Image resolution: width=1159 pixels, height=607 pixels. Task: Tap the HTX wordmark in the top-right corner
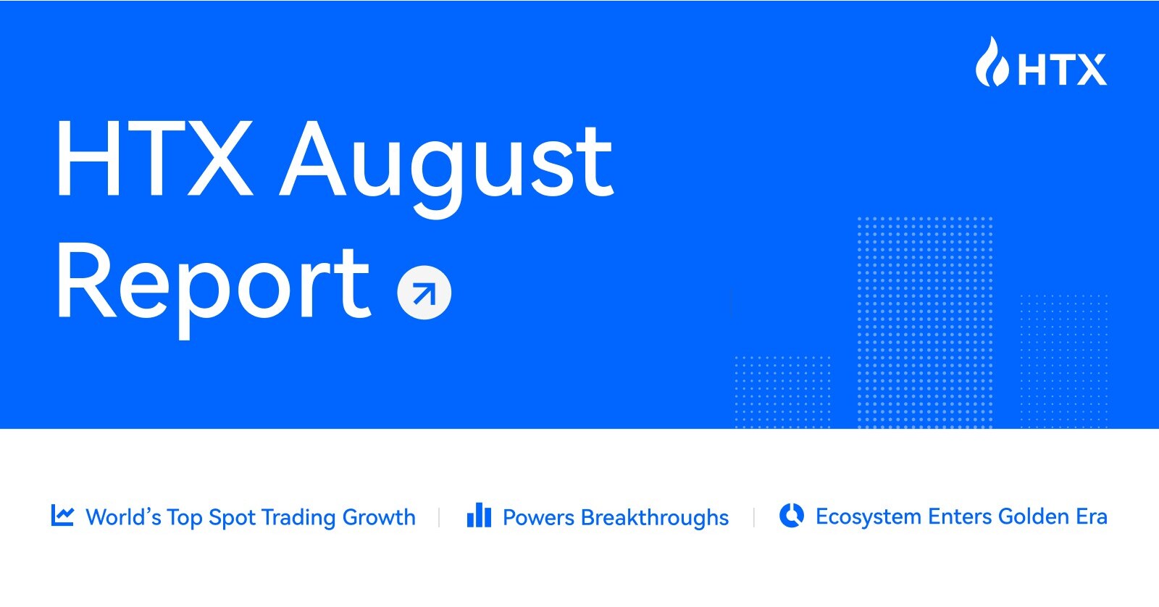1062,70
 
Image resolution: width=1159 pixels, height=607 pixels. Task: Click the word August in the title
447,163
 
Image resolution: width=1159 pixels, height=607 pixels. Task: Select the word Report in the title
214,285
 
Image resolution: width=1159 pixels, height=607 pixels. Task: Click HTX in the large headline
154,159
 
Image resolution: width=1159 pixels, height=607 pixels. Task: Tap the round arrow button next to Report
424,293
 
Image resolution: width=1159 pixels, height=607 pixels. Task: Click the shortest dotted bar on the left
782,391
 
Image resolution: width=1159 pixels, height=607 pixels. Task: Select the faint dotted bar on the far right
1063,360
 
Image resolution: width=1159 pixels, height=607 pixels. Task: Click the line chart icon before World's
62,516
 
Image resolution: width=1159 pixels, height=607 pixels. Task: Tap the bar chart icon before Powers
479,516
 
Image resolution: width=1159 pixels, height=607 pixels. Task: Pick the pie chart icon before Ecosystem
791,516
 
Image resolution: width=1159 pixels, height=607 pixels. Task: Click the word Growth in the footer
379,517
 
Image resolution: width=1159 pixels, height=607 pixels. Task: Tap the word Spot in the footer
232,518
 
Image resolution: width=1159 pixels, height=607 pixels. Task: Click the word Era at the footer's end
1092,516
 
